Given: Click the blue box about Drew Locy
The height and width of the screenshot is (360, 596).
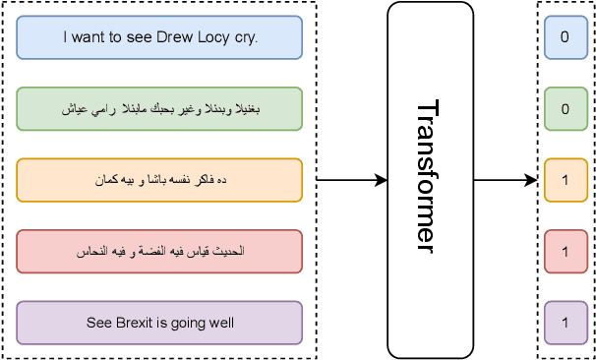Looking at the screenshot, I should coord(159,37).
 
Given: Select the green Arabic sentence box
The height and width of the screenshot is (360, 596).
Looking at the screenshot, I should coord(159,109).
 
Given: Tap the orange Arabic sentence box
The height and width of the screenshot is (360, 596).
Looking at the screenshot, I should coord(159,180).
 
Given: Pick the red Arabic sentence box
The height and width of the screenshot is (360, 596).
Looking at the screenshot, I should coord(159,252).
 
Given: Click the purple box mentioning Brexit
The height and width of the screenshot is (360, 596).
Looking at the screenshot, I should coord(159,323).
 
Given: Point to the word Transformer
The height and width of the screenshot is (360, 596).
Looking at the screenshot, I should coord(425,177).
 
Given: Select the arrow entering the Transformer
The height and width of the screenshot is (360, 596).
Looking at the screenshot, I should coord(351,180).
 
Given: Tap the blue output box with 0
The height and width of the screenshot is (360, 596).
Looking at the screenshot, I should coord(566,37).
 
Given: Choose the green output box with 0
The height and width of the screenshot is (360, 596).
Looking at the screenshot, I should coord(566,109).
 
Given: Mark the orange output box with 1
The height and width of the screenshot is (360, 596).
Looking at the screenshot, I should coord(566,180).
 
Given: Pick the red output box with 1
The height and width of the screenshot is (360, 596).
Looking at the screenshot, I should coord(566,252).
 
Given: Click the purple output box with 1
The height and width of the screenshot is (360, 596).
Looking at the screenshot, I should coord(566,323).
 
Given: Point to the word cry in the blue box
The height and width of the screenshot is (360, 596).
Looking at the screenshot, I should coord(244,38).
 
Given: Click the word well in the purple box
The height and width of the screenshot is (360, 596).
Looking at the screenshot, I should coord(221,323).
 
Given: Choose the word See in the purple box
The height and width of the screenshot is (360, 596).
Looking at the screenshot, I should coord(97,323).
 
